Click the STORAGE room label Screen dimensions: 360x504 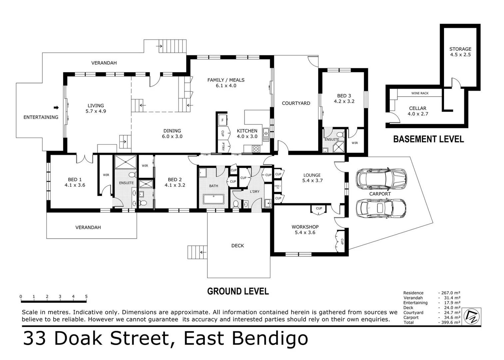tap(460, 49)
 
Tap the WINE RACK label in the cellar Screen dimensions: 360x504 tap(420, 93)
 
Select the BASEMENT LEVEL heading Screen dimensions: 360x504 tap(428, 139)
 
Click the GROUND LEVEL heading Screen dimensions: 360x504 tap(238, 291)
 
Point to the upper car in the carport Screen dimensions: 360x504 tap(381, 178)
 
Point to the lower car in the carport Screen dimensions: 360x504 tap(381, 208)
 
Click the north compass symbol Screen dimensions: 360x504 tap(472, 316)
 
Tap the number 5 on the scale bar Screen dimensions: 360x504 tap(86, 296)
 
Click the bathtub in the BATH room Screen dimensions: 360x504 tap(214, 199)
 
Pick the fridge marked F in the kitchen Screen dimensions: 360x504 tap(223, 120)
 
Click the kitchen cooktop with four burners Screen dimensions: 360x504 tap(256, 149)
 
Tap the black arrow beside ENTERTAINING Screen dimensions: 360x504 tap(56, 107)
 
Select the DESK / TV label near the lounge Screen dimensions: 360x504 tap(277, 187)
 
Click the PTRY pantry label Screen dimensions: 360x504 tap(223, 147)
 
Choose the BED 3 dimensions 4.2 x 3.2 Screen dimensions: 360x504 tap(344, 101)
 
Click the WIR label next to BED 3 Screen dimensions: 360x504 tap(355, 143)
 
